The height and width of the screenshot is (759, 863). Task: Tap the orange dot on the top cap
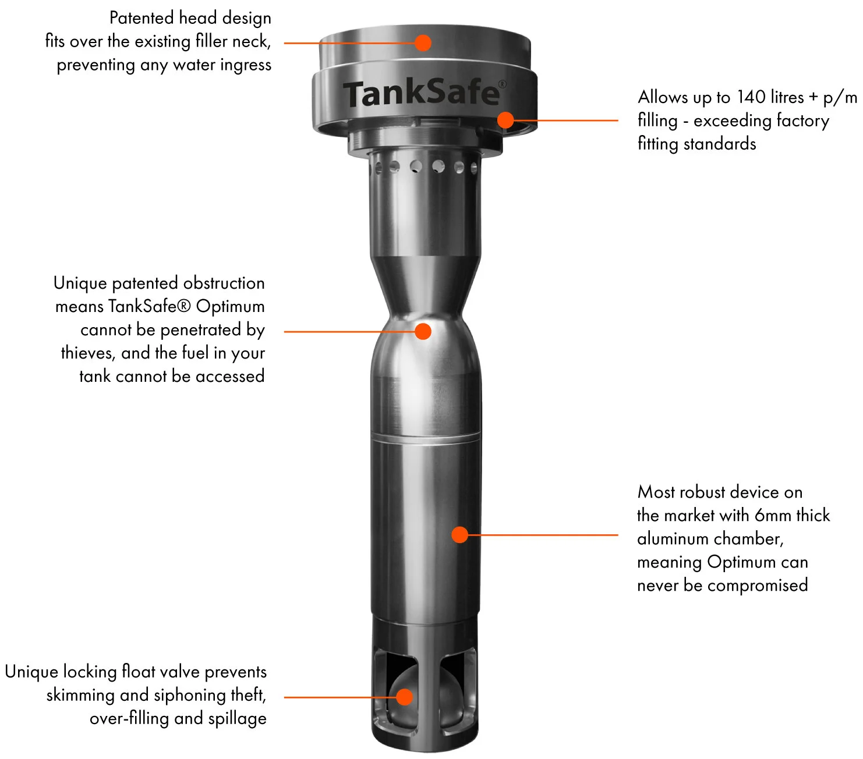coord(423,42)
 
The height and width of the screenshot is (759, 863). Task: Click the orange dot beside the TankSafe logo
coord(505,120)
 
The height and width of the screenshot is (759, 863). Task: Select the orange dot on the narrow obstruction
coord(423,331)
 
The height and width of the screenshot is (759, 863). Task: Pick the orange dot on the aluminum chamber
coord(460,534)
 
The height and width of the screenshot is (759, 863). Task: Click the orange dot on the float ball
coord(404,697)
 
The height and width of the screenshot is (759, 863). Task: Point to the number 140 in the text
coord(751,97)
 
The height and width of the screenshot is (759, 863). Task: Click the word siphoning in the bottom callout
coord(189,695)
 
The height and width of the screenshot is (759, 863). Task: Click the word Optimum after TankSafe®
coord(230,306)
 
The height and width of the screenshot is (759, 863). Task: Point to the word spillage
coord(237,719)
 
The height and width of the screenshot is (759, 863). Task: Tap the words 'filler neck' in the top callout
coord(233,41)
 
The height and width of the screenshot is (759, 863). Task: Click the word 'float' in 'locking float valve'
coord(138,672)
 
